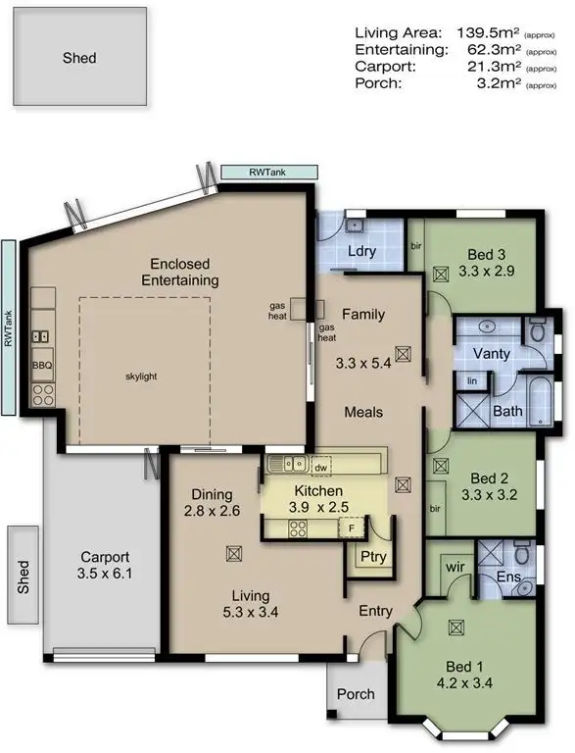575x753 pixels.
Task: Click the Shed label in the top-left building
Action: point(78,58)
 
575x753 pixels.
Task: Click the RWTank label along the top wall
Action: point(269,173)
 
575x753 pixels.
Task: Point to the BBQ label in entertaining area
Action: point(41,365)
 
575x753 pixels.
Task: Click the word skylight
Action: point(142,376)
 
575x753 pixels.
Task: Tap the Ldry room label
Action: point(362,251)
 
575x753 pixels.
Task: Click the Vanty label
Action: point(490,353)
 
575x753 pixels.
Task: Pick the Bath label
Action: point(507,412)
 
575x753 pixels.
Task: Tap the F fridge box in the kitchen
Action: point(354,529)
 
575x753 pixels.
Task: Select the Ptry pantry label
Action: point(373,558)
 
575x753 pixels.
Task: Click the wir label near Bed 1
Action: point(454,566)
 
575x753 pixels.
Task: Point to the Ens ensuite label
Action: point(508,578)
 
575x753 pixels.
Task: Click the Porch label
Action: point(355,694)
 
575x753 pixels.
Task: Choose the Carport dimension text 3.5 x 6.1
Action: point(105,575)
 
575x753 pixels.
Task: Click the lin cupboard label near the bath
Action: point(472,380)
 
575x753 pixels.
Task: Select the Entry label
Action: point(375,612)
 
